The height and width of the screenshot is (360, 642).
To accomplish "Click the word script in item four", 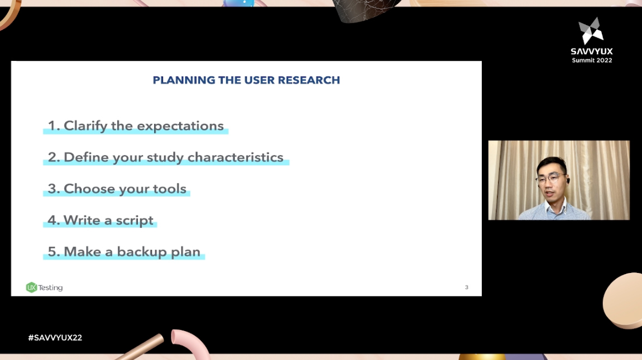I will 135,220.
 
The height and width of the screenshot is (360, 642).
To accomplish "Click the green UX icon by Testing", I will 31,287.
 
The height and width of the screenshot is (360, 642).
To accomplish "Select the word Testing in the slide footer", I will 50,288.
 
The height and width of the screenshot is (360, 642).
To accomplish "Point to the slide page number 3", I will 467,287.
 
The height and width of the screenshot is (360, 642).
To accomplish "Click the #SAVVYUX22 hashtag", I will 55,338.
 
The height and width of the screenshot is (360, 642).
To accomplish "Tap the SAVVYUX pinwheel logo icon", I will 591,31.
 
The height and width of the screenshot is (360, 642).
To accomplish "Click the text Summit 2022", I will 592,60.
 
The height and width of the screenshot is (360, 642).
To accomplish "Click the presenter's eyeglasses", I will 549,179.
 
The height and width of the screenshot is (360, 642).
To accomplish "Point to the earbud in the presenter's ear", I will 566,181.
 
